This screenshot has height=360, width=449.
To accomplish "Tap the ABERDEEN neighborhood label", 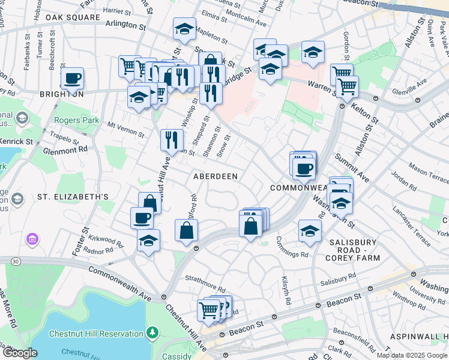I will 215,176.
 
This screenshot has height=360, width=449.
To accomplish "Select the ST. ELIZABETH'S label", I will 73,196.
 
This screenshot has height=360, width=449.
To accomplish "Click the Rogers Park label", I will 76,120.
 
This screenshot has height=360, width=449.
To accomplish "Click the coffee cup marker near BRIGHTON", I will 73,78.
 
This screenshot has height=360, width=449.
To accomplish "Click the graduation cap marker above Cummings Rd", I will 310,230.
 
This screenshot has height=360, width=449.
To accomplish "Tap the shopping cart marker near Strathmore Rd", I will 209,310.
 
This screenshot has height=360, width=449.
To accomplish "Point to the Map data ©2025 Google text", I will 411,355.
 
